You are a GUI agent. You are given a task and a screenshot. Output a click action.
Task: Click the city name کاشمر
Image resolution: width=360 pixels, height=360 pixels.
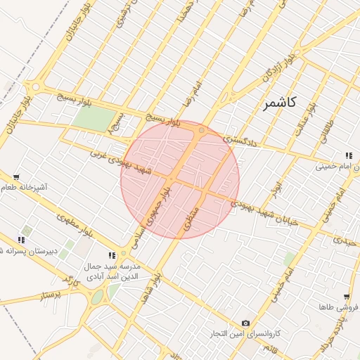279,103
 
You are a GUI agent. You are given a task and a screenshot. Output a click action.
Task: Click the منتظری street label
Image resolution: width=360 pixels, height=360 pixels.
191,221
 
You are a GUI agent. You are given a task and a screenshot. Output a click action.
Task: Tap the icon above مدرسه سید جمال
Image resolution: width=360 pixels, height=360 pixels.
111,255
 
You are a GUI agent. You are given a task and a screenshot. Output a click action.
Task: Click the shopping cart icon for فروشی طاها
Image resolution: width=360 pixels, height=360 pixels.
347,297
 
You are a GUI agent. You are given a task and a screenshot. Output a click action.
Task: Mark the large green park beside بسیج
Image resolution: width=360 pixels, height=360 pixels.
92,118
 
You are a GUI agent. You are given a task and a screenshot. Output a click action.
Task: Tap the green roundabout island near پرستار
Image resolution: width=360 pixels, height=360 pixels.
96,297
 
